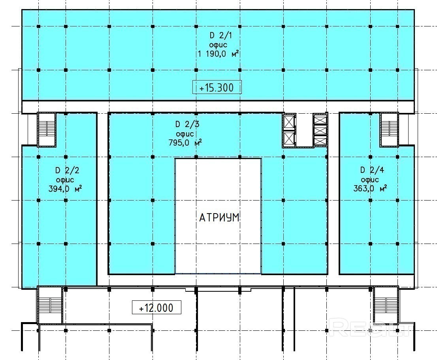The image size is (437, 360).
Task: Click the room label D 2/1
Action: (x=221, y=36)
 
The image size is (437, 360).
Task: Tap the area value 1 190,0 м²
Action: (x=218, y=54)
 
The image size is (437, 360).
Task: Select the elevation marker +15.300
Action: (x=217, y=87)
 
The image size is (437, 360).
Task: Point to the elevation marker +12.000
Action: (x=156, y=307)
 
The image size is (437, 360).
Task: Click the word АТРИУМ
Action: (x=219, y=217)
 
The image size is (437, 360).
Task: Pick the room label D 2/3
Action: (x=187, y=124)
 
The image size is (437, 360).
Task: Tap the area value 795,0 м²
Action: (x=185, y=143)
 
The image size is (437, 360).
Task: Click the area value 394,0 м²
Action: (x=65, y=189)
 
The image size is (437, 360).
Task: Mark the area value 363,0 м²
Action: (x=370, y=189)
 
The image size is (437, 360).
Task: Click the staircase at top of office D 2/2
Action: (x=47, y=129)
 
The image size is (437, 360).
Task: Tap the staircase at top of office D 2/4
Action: (x=389, y=129)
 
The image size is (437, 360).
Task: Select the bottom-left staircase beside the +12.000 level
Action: (x=50, y=305)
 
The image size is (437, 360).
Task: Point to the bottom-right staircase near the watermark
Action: (x=386, y=305)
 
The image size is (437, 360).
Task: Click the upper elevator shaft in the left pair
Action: (x=289, y=122)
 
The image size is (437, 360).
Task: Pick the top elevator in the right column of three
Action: (x=320, y=120)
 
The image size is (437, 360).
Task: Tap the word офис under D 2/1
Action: (x=218, y=45)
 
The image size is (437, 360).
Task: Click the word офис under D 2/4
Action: (x=370, y=180)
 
